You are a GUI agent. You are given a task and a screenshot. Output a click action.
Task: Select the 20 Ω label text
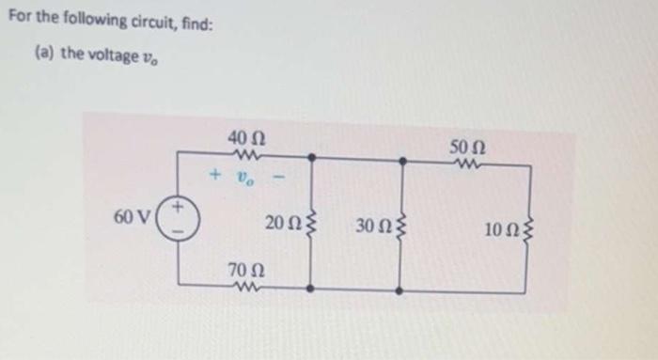279,225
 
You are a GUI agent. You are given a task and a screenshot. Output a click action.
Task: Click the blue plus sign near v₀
215,175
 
